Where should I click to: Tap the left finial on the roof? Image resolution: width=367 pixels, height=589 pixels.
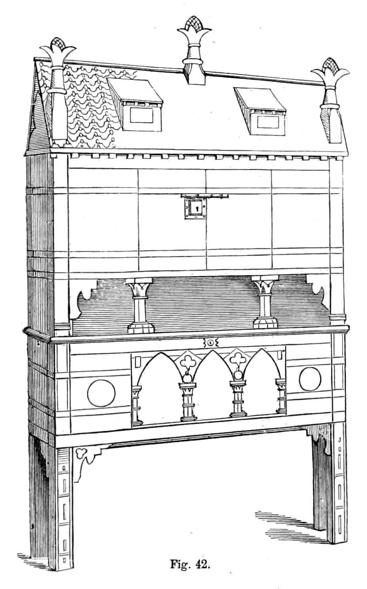click(59, 92)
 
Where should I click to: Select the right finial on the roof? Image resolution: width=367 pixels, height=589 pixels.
click(331, 100)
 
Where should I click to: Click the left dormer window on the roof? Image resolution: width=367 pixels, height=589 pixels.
click(135, 105)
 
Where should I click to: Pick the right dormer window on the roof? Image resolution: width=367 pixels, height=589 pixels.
click(260, 111)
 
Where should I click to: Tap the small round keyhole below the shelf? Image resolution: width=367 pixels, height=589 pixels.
click(210, 343)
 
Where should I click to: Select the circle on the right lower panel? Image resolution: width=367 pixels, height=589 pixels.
click(310, 379)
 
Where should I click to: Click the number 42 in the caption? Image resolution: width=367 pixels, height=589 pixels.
click(202, 564)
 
